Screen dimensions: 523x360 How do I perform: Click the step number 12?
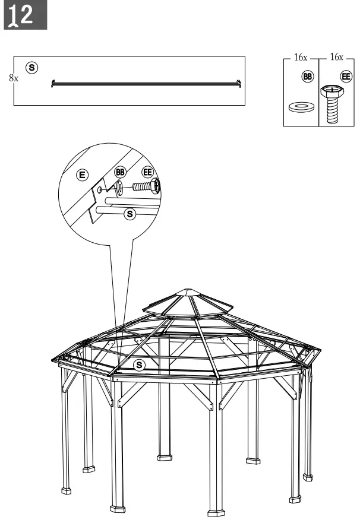tap(26, 17)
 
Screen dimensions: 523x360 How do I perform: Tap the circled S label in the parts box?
tap(32, 68)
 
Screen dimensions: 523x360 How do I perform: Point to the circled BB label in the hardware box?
tap(307, 77)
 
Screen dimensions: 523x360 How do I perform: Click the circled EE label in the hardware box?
tap(345, 77)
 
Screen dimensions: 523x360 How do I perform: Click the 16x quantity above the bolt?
tap(336, 58)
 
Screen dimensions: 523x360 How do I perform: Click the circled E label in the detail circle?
tap(83, 175)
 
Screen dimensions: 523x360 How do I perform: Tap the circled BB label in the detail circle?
tap(120, 172)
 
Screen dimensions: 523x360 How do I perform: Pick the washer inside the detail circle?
tap(119, 188)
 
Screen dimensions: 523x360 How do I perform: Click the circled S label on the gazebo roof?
tap(140, 364)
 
